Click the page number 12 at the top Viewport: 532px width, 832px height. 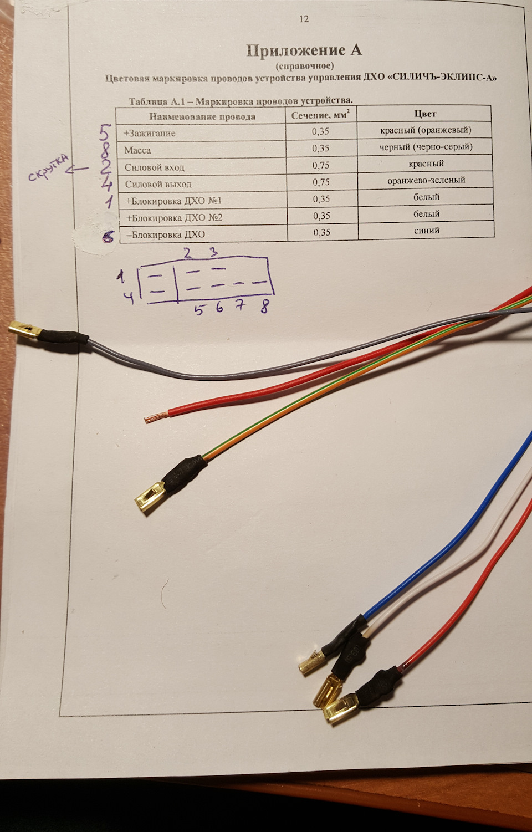pyautogui.click(x=304, y=19)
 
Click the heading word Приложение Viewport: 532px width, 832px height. pyautogui.click(x=290, y=50)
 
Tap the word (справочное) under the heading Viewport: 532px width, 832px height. pyautogui.click(x=304, y=66)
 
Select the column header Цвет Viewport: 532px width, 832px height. pyautogui.click(x=425, y=114)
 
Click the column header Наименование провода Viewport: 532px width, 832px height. pyautogui.click(x=202, y=116)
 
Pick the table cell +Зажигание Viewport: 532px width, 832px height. pyautogui.click(x=150, y=134)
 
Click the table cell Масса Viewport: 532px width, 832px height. pyautogui.click(x=137, y=150)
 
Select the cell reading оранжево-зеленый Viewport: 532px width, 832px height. pyautogui.click(x=426, y=181)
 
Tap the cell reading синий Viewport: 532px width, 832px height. pyautogui.click(x=427, y=230)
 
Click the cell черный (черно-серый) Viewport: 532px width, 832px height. pyautogui.click(x=426, y=147)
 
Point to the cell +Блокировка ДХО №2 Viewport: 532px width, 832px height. pyautogui.click(x=174, y=218)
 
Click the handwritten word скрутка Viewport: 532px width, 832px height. pyautogui.click(x=49, y=167)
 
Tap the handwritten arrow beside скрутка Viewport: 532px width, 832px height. pyautogui.click(x=77, y=170)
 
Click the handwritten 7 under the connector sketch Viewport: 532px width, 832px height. pyautogui.click(x=241, y=305)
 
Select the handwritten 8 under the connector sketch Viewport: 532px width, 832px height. pyautogui.click(x=264, y=307)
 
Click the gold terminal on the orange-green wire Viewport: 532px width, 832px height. pyautogui.click(x=149, y=497)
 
